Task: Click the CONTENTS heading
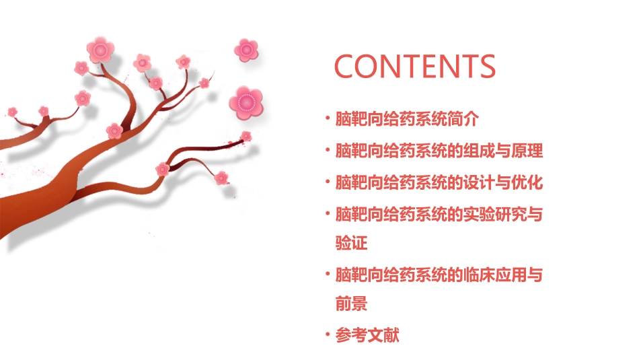[x=415, y=66]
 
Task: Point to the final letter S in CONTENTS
[x=486, y=66]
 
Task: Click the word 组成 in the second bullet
[x=478, y=151]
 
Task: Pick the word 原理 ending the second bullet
[x=527, y=151]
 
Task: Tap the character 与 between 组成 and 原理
[x=502, y=151]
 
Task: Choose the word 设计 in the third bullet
[x=478, y=182]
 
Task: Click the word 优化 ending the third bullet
[x=527, y=182]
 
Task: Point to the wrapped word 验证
[x=351, y=242]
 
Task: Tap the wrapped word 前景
[x=351, y=303]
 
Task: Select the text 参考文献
[x=367, y=334]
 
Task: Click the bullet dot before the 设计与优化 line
[x=328, y=182]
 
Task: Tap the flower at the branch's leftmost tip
[x=12, y=112]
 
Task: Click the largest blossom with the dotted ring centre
[x=246, y=102]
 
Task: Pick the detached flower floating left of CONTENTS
[x=246, y=49]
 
